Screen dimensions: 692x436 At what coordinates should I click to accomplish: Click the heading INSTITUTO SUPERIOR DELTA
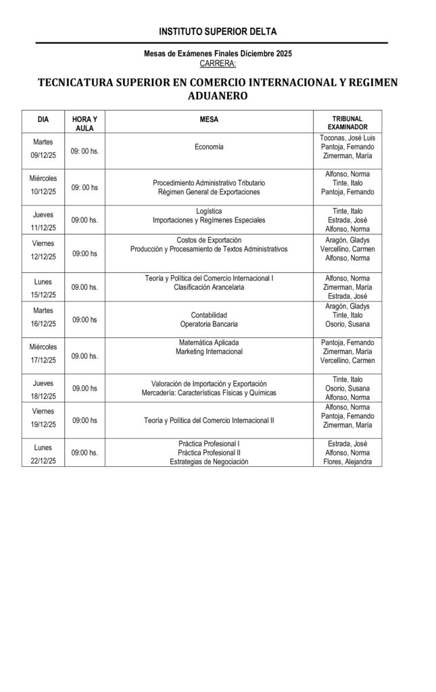218,32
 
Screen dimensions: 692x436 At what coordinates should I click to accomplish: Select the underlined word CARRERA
218,63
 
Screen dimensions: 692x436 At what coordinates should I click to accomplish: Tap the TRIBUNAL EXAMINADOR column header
347,122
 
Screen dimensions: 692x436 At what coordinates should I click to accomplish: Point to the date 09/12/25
43,155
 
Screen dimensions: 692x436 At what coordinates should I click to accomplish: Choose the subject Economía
209,147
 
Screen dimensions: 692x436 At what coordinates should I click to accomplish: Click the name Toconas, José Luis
347,138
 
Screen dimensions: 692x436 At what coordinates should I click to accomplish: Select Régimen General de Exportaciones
209,192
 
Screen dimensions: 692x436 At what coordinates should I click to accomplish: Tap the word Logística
209,211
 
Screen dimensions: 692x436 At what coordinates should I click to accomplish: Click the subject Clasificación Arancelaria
209,287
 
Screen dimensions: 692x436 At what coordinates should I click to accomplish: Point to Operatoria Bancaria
209,324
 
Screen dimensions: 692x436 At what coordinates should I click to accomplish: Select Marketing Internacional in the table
209,351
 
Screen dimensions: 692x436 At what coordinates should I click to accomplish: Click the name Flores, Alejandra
347,462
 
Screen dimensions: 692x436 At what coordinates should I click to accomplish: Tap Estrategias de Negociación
209,462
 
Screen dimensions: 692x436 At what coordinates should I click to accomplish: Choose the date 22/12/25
43,460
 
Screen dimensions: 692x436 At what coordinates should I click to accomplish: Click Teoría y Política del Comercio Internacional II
209,420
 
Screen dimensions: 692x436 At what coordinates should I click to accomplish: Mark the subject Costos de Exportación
209,240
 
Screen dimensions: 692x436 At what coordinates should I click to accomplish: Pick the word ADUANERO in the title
218,97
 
